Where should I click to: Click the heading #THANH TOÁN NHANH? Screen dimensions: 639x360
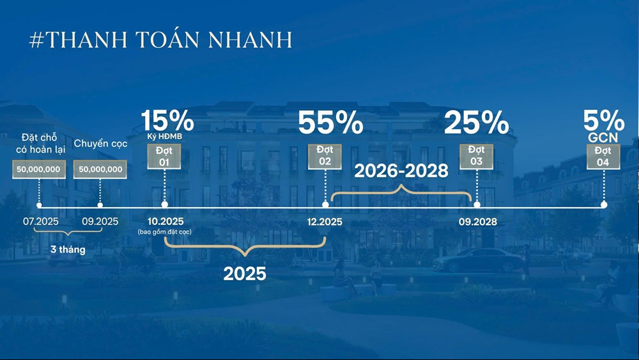pos(160,40)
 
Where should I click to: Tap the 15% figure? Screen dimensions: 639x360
pos(167,120)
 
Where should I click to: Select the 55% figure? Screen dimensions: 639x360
pos(330,122)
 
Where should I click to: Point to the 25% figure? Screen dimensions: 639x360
pos(477,122)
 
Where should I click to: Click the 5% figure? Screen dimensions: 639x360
pos(604,120)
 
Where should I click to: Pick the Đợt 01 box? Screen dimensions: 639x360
pos(164,157)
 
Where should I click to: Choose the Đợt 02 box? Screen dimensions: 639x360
pos(325,156)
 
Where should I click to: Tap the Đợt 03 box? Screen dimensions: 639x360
pos(477,156)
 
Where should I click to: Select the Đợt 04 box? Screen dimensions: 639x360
pos(603,157)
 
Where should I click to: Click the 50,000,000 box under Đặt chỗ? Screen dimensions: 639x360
pos(39,169)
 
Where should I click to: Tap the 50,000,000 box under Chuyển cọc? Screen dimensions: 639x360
pos(100,169)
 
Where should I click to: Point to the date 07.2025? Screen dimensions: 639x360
pos(40,221)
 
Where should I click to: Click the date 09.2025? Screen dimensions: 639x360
pos(100,221)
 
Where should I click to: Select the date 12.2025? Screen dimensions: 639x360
pos(325,222)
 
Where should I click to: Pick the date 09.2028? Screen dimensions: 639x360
pos(477,222)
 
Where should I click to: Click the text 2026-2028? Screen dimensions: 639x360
pos(401,171)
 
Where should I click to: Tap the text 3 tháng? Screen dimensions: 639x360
pos(68,249)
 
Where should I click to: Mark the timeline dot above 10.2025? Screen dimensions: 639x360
pos(164,204)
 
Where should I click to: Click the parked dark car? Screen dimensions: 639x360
pos(477,260)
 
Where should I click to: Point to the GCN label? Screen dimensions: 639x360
pos(603,138)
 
